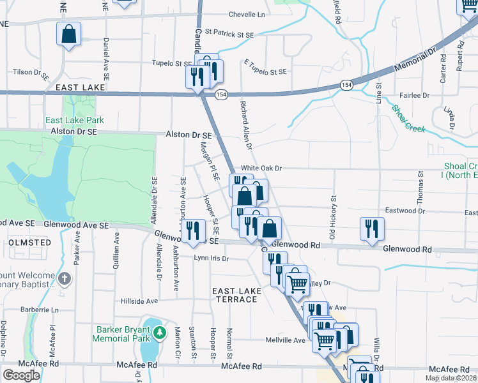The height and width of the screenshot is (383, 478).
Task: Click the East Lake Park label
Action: pyautogui.click(x=74, y=120)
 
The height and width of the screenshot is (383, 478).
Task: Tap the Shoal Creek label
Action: pyautogui.click(x=408, y=119)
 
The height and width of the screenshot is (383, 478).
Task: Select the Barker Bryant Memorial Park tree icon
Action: pyautogui.click(x=157, y=334)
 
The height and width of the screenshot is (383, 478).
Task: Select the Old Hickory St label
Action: pyautogui.click(x=332, y=218)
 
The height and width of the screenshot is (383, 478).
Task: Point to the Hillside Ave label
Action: pyautogui.click(x=139, y=301)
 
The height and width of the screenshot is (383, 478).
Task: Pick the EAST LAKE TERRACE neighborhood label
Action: pyautogui.click(x=237, y=295)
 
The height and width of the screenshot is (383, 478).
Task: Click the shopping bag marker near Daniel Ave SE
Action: pyautogui.click(x=68, y=34)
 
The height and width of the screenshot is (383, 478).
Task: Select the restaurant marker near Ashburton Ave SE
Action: pyautogui.click(x=192, y=231)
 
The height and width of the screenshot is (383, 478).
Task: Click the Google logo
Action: pyautogui.click(x=20, y=375)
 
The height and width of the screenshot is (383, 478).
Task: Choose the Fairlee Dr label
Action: pyautogui.click(x=416, y=95)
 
